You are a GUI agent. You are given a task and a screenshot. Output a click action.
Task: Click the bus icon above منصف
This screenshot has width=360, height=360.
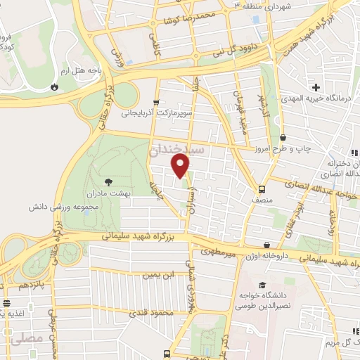[262, 189]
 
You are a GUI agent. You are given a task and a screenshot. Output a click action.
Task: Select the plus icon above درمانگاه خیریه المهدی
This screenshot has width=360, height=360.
[316, 87]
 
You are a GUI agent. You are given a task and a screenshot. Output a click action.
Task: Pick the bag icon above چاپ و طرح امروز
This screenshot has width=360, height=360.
[283, 138]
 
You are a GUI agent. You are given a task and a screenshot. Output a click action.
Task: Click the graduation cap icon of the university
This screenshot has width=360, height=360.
[262, 285]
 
